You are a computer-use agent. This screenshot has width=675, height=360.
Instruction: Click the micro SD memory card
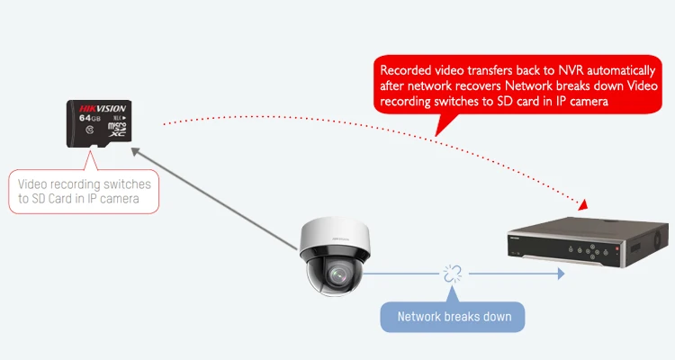pyautogui.click(x=100, y=122)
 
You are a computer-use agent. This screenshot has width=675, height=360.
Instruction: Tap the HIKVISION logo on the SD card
pyautogui.click(x=100, y=106)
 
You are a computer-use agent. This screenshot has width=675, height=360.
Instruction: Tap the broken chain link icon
pyautogui.click(x=450, y=274)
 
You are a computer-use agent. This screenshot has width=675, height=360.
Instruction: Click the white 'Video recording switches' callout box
pyautogui.click(x=85, y=190)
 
